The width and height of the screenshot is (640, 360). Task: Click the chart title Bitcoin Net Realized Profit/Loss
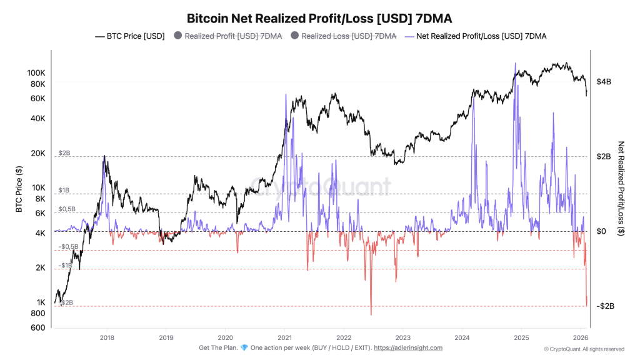[x=319, y=18]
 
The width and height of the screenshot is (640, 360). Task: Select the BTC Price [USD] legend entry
[x=129, y=36]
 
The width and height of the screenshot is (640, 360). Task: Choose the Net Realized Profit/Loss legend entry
[x=476, y=36]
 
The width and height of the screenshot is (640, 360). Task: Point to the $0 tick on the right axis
[x=602, y=231]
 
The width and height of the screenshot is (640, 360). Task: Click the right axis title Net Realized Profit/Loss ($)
[x=621, y=187]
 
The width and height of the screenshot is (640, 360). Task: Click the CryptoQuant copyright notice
[x=584, y=349]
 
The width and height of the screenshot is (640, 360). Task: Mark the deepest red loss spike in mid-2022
[x=371, y=314]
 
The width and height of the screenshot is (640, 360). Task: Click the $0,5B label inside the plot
[x=67, y=209]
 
